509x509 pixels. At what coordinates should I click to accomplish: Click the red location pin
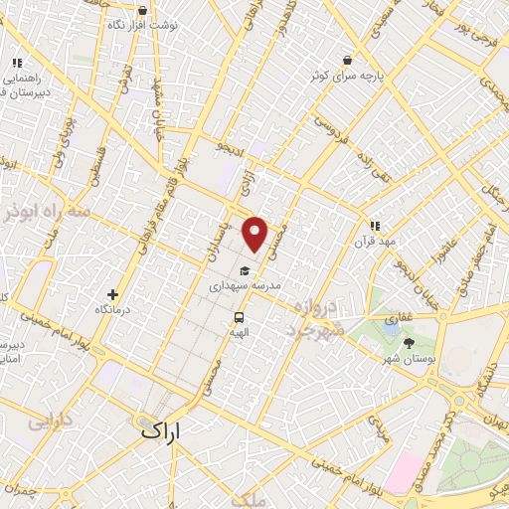tap(256, 234)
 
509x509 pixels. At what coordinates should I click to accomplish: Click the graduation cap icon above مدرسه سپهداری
tap(245, 270)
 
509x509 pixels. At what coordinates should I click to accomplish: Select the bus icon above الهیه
tap(239, 316)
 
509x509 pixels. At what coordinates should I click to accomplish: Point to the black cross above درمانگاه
tap(112, 294)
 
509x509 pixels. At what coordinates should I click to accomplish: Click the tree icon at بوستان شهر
tap(409, 343)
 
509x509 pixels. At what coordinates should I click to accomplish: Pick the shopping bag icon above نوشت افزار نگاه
tap(143, 11)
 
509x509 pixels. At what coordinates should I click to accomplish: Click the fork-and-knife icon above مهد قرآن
tap(375, 227)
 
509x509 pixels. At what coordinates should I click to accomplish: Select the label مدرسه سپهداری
tap(245, 285)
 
